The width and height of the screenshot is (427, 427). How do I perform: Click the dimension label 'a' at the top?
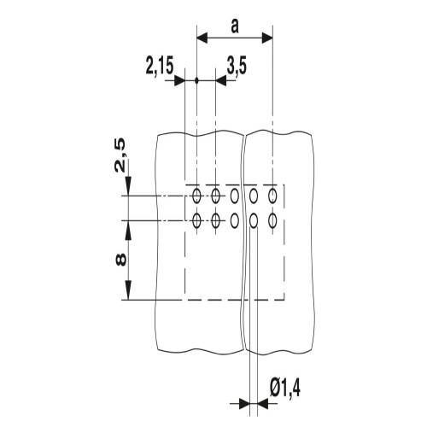point(234,26)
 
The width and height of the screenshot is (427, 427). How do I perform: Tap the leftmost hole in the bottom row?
point(196,221)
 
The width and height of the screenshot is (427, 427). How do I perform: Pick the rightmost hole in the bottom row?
point(272,221)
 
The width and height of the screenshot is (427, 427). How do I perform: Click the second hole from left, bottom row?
point(215,221)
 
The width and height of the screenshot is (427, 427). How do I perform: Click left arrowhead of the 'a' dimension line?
point(202,38)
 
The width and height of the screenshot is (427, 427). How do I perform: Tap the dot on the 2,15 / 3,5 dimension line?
point(196,81)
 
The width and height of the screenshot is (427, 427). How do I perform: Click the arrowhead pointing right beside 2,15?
point(180,81)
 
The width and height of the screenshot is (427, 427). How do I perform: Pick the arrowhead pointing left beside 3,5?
point(220,81)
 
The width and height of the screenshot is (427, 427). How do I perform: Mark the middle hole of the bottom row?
point(234,221)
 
